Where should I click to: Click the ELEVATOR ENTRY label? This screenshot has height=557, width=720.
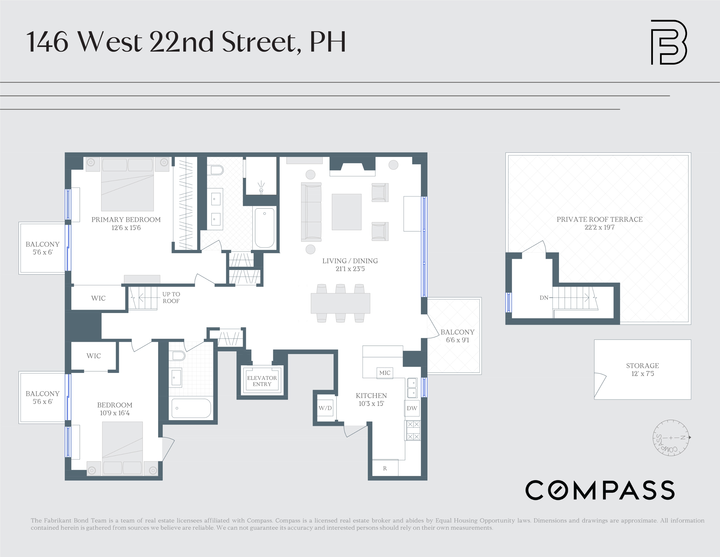[262, 381]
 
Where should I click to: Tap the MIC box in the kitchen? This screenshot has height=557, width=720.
[384, 373]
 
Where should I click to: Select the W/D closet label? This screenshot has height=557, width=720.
[325, 408]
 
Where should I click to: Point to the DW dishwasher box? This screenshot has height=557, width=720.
[412, 408]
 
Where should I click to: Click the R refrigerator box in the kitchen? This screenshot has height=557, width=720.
[385, 468]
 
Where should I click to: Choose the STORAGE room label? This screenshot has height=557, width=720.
[642, 366]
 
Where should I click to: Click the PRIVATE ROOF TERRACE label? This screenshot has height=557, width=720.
[599, 219]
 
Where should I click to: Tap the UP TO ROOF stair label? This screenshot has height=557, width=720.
[171, 298]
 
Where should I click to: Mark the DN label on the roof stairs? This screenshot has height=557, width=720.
[544, 298]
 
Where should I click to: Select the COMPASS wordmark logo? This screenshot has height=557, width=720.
[600, 490]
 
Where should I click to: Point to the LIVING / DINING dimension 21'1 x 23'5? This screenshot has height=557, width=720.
[350, 269]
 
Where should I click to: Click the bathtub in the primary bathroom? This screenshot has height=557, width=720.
[264, 228]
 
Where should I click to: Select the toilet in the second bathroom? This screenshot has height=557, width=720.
[178, 356]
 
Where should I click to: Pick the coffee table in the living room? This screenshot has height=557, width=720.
[346, 212]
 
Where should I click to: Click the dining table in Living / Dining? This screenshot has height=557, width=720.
[340, 303]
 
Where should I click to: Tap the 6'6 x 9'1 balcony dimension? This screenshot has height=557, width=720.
[457, 340]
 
